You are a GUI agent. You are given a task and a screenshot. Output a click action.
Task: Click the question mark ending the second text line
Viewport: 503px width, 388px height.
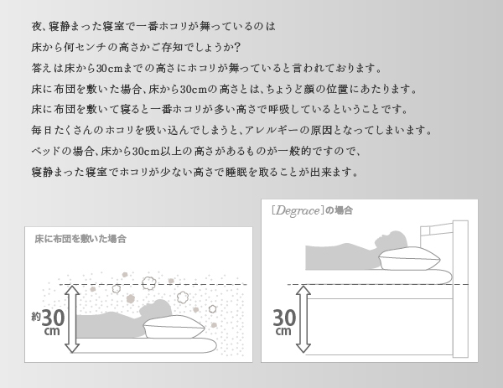point(236,48)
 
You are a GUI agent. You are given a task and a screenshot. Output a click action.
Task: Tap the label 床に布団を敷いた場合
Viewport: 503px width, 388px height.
point(80,239)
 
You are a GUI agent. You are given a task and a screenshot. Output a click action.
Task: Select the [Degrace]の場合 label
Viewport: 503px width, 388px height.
point(312,210)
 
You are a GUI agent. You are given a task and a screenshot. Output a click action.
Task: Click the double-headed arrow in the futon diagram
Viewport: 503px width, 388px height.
point(72,319)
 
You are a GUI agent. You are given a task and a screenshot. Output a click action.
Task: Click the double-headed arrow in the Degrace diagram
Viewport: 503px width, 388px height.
point(303,319)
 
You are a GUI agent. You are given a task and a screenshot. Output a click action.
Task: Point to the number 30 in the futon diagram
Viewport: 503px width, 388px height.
point(53,318)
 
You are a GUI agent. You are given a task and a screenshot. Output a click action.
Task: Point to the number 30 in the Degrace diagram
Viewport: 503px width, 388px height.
point(284,318)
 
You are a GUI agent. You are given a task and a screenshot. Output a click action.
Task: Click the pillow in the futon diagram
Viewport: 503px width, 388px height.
point(174,327)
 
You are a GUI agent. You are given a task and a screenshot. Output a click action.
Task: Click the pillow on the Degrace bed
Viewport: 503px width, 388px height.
point(410,258)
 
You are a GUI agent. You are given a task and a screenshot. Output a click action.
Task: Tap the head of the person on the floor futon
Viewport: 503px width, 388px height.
point(156,308)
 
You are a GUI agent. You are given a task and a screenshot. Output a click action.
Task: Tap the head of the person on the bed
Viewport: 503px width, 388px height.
point(392,240)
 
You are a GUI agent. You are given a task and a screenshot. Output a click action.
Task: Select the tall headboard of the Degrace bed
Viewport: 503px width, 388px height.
point(460,288)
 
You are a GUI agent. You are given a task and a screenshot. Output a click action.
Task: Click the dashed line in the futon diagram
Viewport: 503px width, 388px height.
point(153,284)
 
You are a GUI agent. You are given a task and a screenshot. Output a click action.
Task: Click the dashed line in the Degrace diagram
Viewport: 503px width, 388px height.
point(378,284)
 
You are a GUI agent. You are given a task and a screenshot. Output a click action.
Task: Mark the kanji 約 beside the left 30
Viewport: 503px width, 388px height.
point(36,317)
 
